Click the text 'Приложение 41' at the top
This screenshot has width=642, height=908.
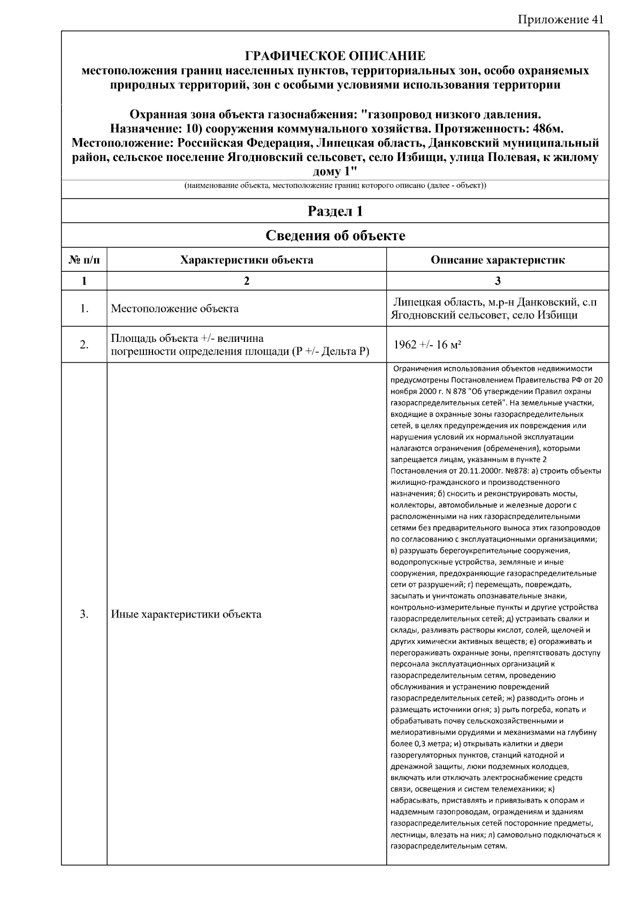(560, 20)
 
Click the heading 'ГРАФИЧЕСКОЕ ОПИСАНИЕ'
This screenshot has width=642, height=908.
(335, 56)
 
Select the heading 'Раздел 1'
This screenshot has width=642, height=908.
(335, 211)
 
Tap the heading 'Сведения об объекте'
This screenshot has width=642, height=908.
(335, 236)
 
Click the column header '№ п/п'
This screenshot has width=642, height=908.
(84, 261)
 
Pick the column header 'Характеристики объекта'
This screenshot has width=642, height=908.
(247, 261)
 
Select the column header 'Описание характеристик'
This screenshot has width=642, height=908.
(498, 261)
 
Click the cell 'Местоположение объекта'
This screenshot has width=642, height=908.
(174, 309)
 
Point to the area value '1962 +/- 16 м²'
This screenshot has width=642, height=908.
(427, 345)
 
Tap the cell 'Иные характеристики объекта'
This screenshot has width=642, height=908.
(186, 614)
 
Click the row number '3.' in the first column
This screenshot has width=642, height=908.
(84, 614)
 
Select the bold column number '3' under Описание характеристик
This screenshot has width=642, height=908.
(498, 281)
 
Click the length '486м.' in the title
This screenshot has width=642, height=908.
(540, 129)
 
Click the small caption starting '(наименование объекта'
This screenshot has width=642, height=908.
(335, 186)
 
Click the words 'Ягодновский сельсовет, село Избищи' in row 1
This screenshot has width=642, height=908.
(484, 315)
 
